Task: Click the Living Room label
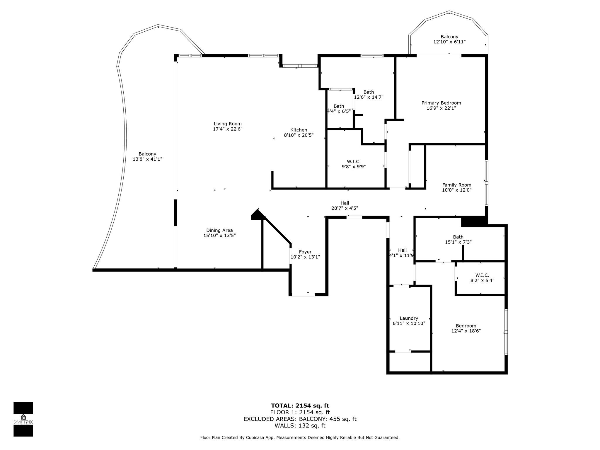pos(228,124)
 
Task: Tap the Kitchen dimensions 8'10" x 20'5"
pos(299,135)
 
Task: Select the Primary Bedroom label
pos(441,103)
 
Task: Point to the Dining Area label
pos(219,230)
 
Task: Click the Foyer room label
pos(305,252)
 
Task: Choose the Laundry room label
pos(409,318)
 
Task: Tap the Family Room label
pos(456,185)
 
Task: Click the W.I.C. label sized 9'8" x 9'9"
pos(354,161)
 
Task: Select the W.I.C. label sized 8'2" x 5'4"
pos(482,275)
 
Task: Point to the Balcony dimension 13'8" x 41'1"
pos(147,159)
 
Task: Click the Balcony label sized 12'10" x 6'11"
pos(449,37)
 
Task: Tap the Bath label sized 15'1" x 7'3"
pos(458,237)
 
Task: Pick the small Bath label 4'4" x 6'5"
pos(339,106)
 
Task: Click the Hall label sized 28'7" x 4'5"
pos(345,203)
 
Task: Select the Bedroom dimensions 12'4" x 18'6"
pos(466,331)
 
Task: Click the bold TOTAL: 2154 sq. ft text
pos(300,405)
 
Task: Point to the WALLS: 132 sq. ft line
pos(300,426)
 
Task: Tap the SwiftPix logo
pos(23,419)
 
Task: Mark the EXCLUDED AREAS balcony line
pos(300,419)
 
